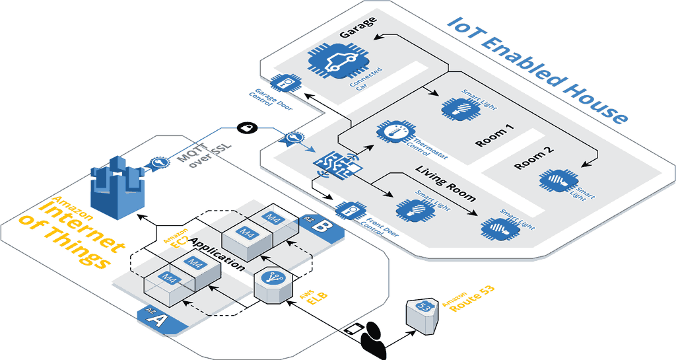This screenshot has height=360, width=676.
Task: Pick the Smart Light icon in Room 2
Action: point(557,180)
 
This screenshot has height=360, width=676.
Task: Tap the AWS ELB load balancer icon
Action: point(273,286)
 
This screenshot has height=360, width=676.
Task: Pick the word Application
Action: point(217,252)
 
